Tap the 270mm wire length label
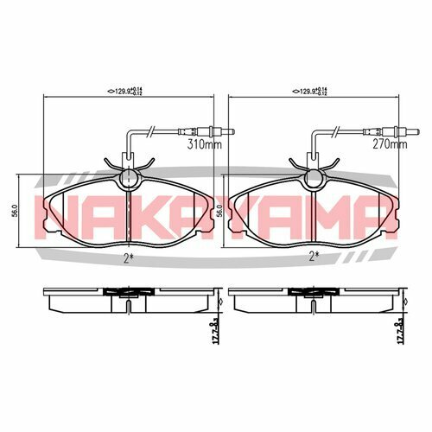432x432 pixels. click(x=390, y=146)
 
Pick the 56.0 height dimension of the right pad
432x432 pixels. click(x=220, y=210)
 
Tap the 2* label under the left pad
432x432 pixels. click(x=127, y=257)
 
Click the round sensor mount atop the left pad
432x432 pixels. click(x=127, y=178)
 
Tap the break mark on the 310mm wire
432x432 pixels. click(x=152, y=131)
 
